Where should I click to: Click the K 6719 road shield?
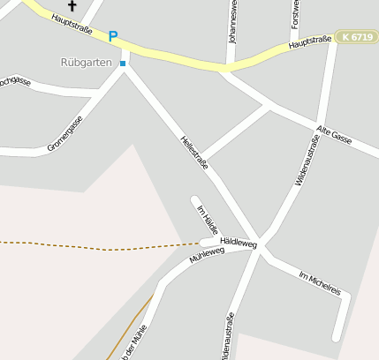(357, 37)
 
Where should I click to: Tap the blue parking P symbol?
(112, 37)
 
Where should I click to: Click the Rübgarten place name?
(87, 64)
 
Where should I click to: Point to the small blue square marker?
(123, 64)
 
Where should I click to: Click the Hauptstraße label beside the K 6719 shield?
(310, 41)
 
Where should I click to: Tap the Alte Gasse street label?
(333, 136)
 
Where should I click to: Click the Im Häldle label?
(206, 218)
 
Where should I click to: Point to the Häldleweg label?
(238, 242)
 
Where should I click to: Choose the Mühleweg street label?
(207, 256)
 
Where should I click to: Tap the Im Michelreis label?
(320, 281)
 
